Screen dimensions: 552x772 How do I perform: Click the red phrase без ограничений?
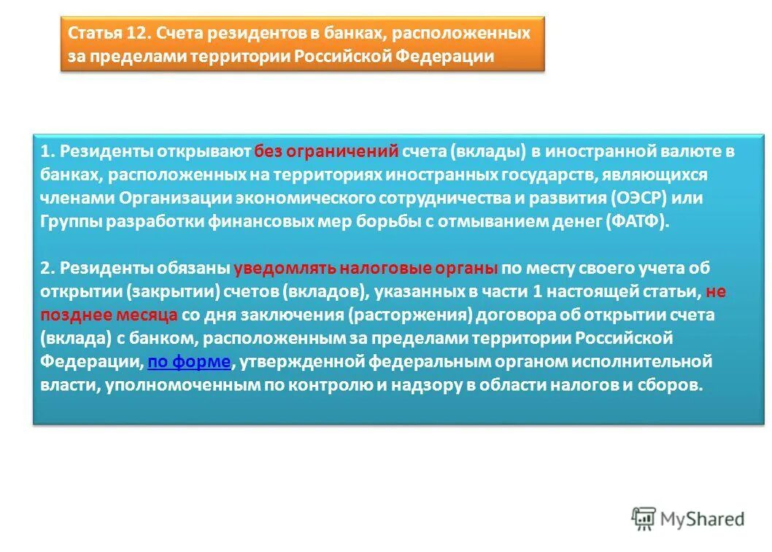(326, 152)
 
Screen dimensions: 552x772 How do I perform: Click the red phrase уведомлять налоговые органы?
(366, 268)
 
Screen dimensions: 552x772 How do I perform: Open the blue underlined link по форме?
(189, 361)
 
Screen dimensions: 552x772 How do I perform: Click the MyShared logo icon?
(643, 518)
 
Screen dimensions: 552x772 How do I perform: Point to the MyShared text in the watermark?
(702, 518)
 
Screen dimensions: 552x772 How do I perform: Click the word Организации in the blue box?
(164, 199)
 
